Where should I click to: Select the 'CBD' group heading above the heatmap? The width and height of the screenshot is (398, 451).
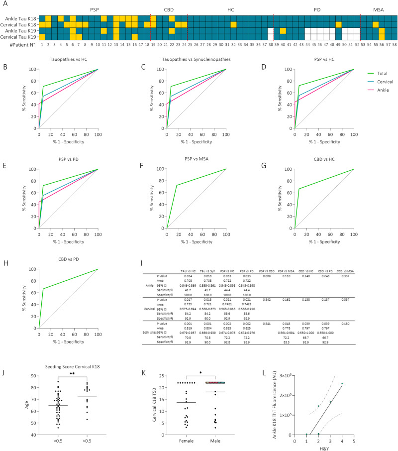click(x=169, y=9)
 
